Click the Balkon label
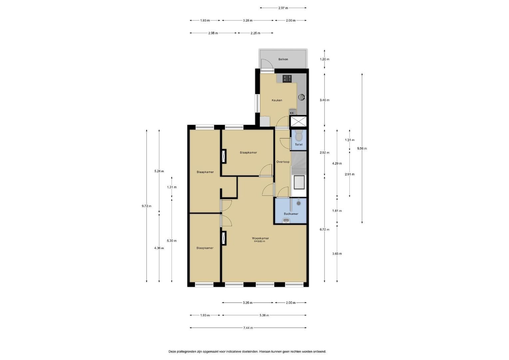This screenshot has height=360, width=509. [x=283, y=59]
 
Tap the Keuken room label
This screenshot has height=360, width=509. [x=277, y=100]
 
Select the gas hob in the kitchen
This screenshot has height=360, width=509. [x=287, y=79]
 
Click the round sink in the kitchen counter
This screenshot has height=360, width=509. [x=301, y=97]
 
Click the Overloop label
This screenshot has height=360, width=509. [x=283, y=162]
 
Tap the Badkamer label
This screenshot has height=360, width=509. [x=291, y=214]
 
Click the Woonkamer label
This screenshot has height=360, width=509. [x=260, y=238]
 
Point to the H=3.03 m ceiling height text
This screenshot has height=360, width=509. [x=259, y=241]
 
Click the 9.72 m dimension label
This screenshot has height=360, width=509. [x=147, y=206]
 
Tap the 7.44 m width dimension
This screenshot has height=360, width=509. [x=248, y=328]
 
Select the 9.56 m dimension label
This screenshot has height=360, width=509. [x=362, y=149]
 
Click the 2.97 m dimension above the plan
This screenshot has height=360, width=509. [x=283, y=8]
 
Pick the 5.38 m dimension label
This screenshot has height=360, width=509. [x=264, y=315]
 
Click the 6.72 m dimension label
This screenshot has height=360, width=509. [x=324, y=229]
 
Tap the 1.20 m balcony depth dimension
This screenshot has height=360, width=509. [x=324, y=59]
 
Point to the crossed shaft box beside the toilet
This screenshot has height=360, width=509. [x=298, y=121]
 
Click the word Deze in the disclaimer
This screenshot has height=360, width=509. [x=173, y=352]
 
